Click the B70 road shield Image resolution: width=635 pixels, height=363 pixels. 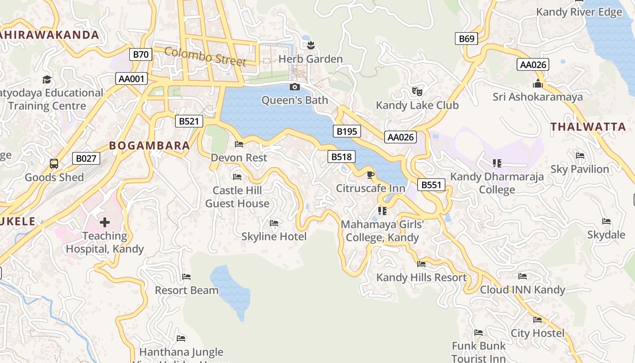point(141,55)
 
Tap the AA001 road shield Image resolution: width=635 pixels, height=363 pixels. point(131,79)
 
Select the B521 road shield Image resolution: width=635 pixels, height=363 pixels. point(189,121)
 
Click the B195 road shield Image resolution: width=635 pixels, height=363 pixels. point(347,132)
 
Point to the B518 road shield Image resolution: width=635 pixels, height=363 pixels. point(341,157)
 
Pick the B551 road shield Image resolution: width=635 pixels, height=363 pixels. point(431,185)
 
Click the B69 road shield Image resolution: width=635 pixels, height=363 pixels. point(466,39)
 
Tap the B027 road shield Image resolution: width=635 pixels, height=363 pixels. point(86,158)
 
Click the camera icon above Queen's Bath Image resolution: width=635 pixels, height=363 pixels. point(295,87)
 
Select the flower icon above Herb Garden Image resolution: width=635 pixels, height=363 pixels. point(311,45)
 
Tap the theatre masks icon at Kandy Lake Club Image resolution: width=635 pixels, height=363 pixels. point(417,92)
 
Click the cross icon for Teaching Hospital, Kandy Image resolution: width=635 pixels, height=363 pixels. point(105,222)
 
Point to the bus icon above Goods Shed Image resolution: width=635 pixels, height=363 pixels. point(54,163)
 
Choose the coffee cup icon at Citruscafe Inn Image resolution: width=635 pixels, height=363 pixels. point(371,175)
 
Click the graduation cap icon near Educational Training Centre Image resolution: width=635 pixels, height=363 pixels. point(47,80)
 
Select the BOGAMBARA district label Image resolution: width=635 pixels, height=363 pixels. point(149,146)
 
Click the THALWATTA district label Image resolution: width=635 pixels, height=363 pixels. point(588,127)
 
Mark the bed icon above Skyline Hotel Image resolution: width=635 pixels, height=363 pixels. point(274,223)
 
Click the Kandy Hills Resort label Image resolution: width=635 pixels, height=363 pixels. point(421,277)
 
